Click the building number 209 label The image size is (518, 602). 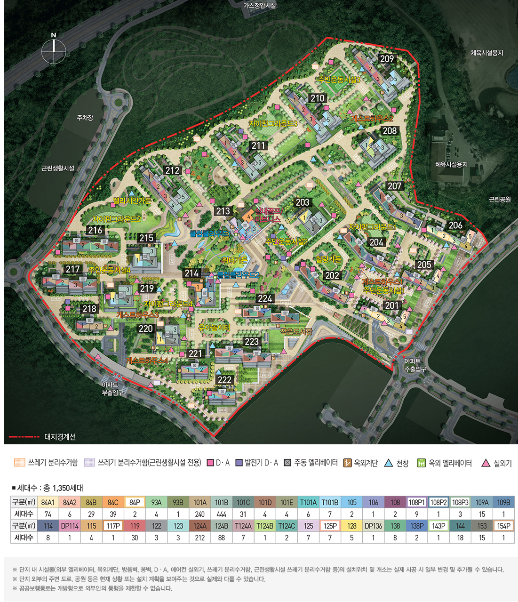(x=387, y=59)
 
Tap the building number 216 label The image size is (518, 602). (x=95, y=230)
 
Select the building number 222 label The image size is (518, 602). (x=225, y=380)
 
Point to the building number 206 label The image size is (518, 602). (x=455, y=225)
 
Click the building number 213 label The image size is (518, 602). (x=223, y=211)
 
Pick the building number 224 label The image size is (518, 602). (x=265, y=298)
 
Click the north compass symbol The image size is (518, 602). (x=54, y=50)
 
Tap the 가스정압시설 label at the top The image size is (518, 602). (x=260, y=6)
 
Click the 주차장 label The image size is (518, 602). (x=85, y=118)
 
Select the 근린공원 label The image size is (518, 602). (x=500, y=200)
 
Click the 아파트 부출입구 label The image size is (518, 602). (x=112, y=388)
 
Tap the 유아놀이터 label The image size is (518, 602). (x=214, y=327)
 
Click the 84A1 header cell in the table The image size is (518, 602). (x=48, y=502)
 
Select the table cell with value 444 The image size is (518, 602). (x=222, y=514)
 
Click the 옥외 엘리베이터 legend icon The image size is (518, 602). (x=421, y=463)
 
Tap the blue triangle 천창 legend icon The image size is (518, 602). (x=389, y=463)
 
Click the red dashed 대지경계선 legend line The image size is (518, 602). (x=24, y=437)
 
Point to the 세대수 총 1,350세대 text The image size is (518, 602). (x=48, y=488)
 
